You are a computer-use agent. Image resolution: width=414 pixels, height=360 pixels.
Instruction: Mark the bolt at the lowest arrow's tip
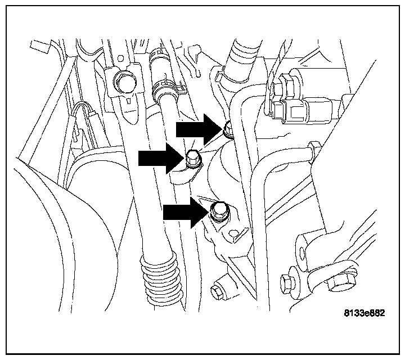click(218, 211)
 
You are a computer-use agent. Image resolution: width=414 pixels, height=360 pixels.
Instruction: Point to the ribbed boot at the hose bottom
click(161, 278)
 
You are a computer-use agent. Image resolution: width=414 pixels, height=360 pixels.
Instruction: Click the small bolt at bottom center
click(217, 291)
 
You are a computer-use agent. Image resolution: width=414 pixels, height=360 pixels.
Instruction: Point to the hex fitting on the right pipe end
click(313, 152)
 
